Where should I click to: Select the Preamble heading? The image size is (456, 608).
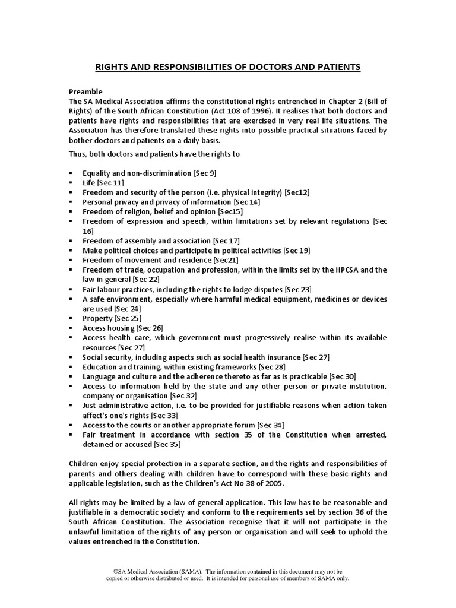pos(86,91)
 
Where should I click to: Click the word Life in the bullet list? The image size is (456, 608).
pos(89,182)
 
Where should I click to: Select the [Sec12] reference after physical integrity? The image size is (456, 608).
pos(296,192)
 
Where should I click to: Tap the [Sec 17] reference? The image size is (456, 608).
pos(226,240)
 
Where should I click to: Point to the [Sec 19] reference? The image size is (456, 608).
pos(296,250)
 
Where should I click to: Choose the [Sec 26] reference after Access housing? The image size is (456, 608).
pos(149,328)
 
